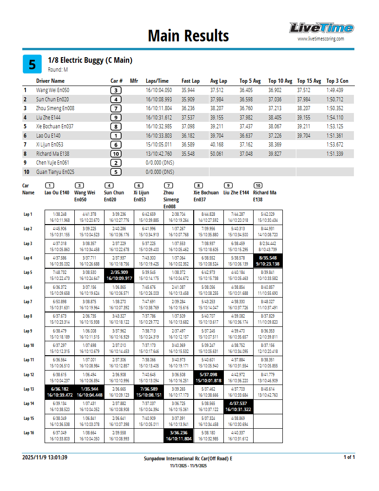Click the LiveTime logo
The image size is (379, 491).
(321, 28)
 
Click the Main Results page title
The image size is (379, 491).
(188, 36)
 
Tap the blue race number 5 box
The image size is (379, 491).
(32, 64)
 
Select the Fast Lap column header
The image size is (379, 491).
(190, 81)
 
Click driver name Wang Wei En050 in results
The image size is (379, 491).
(52, 90)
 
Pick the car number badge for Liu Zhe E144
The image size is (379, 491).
(116, 118)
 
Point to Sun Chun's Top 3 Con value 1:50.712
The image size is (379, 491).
(335, 99)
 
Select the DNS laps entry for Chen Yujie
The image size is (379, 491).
(160, 163)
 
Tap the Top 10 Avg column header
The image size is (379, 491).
(280, 81)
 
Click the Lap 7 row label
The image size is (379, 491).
(28, 301)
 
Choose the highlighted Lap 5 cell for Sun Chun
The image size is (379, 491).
(119, 275)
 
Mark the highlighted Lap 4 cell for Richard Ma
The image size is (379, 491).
(268, 260)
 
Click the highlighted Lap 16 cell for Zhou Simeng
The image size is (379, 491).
(178, 435)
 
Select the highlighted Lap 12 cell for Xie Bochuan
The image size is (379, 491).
(208, 377)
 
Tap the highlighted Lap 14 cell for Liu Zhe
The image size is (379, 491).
(238, 406)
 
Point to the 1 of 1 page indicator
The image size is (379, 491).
(349, 458)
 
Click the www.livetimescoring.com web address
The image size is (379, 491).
(321, 39)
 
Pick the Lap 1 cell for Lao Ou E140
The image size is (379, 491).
(59, 217)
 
